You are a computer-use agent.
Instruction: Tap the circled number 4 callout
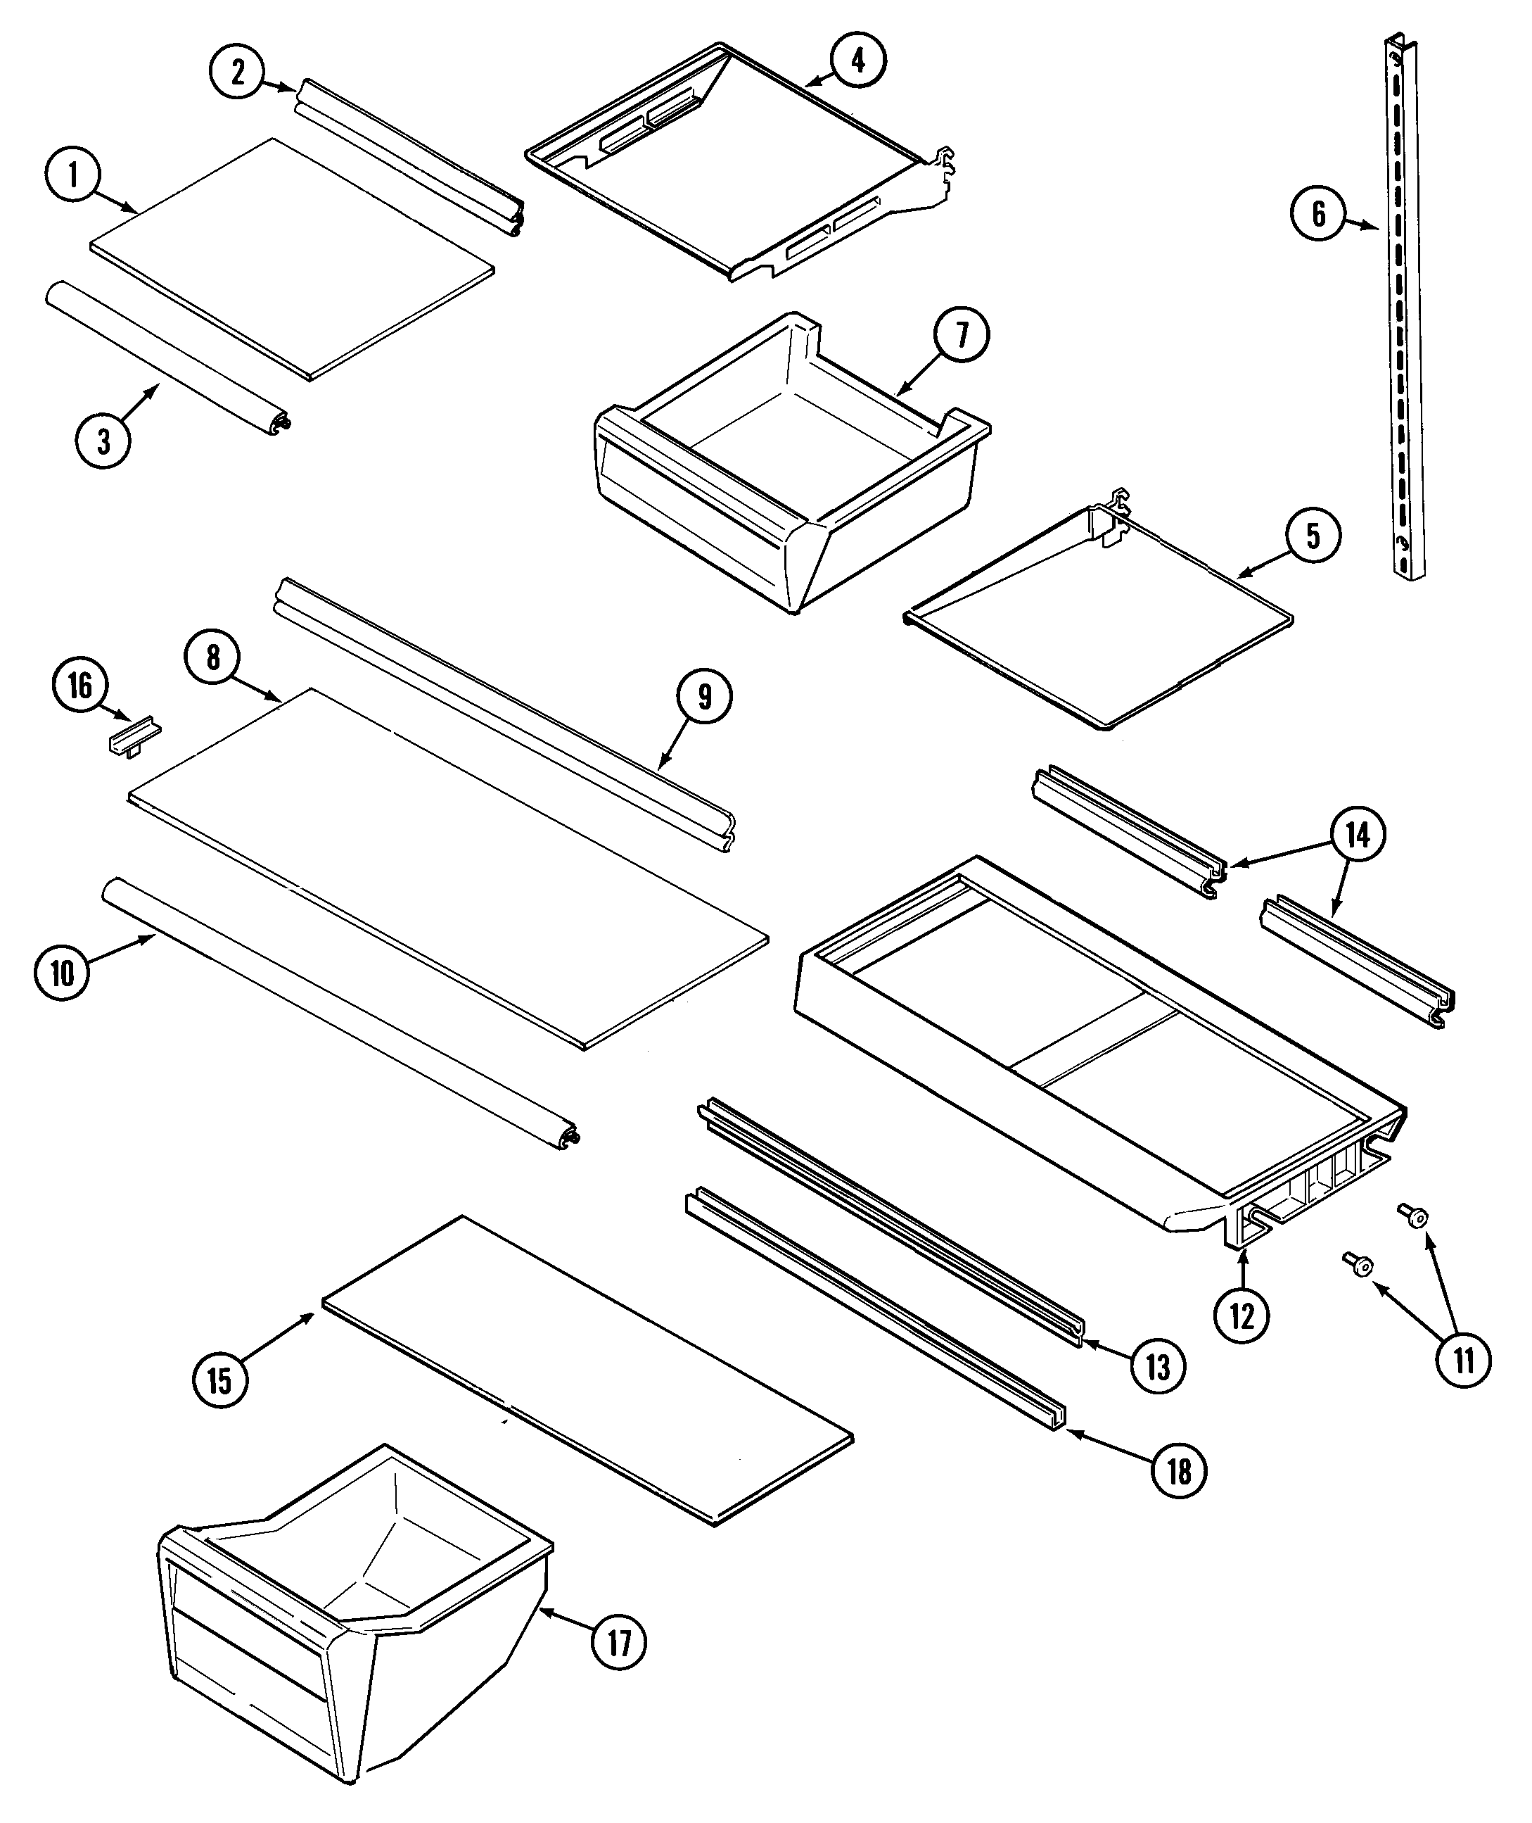click(x=858, y=60)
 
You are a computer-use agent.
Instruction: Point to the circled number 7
click(x=962, y=336)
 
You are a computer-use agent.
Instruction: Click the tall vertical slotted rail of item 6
click(x=1403, y=313)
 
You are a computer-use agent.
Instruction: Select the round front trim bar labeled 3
click(x=165, y=356)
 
